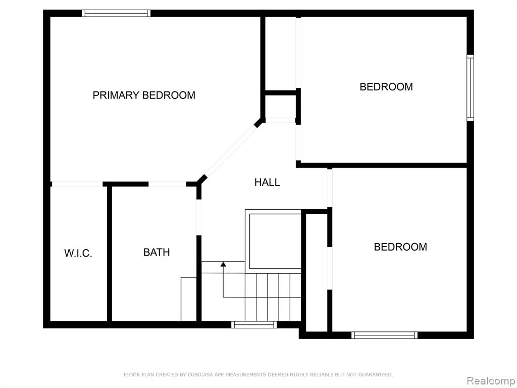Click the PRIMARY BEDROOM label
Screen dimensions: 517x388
tap(144, 95)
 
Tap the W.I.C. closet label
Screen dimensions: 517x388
tap(78, 254)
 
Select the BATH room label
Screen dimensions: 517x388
tap(157, 253)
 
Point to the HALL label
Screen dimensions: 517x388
tap(267, 182)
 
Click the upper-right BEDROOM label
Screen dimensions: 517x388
tap(386, 87)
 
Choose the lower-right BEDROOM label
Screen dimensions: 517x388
tap(400, 247)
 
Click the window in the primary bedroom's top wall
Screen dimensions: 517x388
tap(116, 13)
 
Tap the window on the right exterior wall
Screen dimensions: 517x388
tap(471, 88)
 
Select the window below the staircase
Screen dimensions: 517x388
tap(254, 325)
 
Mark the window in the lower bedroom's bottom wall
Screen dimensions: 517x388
tap(384, 335)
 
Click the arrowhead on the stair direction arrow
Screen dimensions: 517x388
tap(223, 264)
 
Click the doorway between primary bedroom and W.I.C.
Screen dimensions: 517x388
tap(77, 184)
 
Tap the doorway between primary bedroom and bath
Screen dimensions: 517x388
tap(167, 184)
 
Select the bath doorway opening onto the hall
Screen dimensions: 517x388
tap(199, 217)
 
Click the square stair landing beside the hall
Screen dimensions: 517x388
tap(275, 241)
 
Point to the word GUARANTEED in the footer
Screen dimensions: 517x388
tap(375, 374)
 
